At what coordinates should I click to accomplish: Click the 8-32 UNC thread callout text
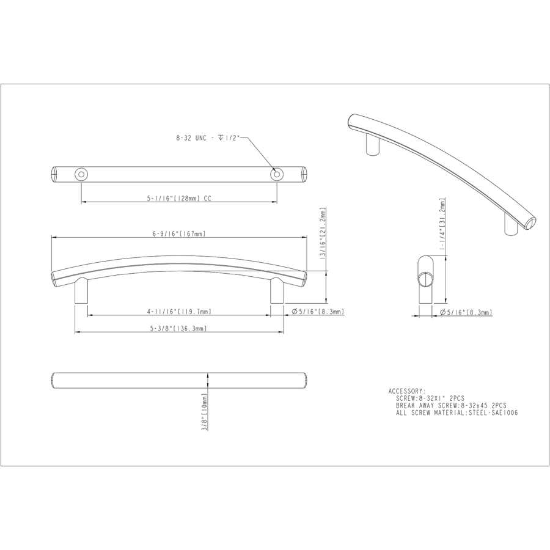207,139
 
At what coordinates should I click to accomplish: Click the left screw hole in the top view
81,174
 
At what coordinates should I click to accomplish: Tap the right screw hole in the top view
277,175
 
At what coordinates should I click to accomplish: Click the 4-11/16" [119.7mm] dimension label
179,312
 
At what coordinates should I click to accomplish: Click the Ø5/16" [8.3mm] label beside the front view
318,312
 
